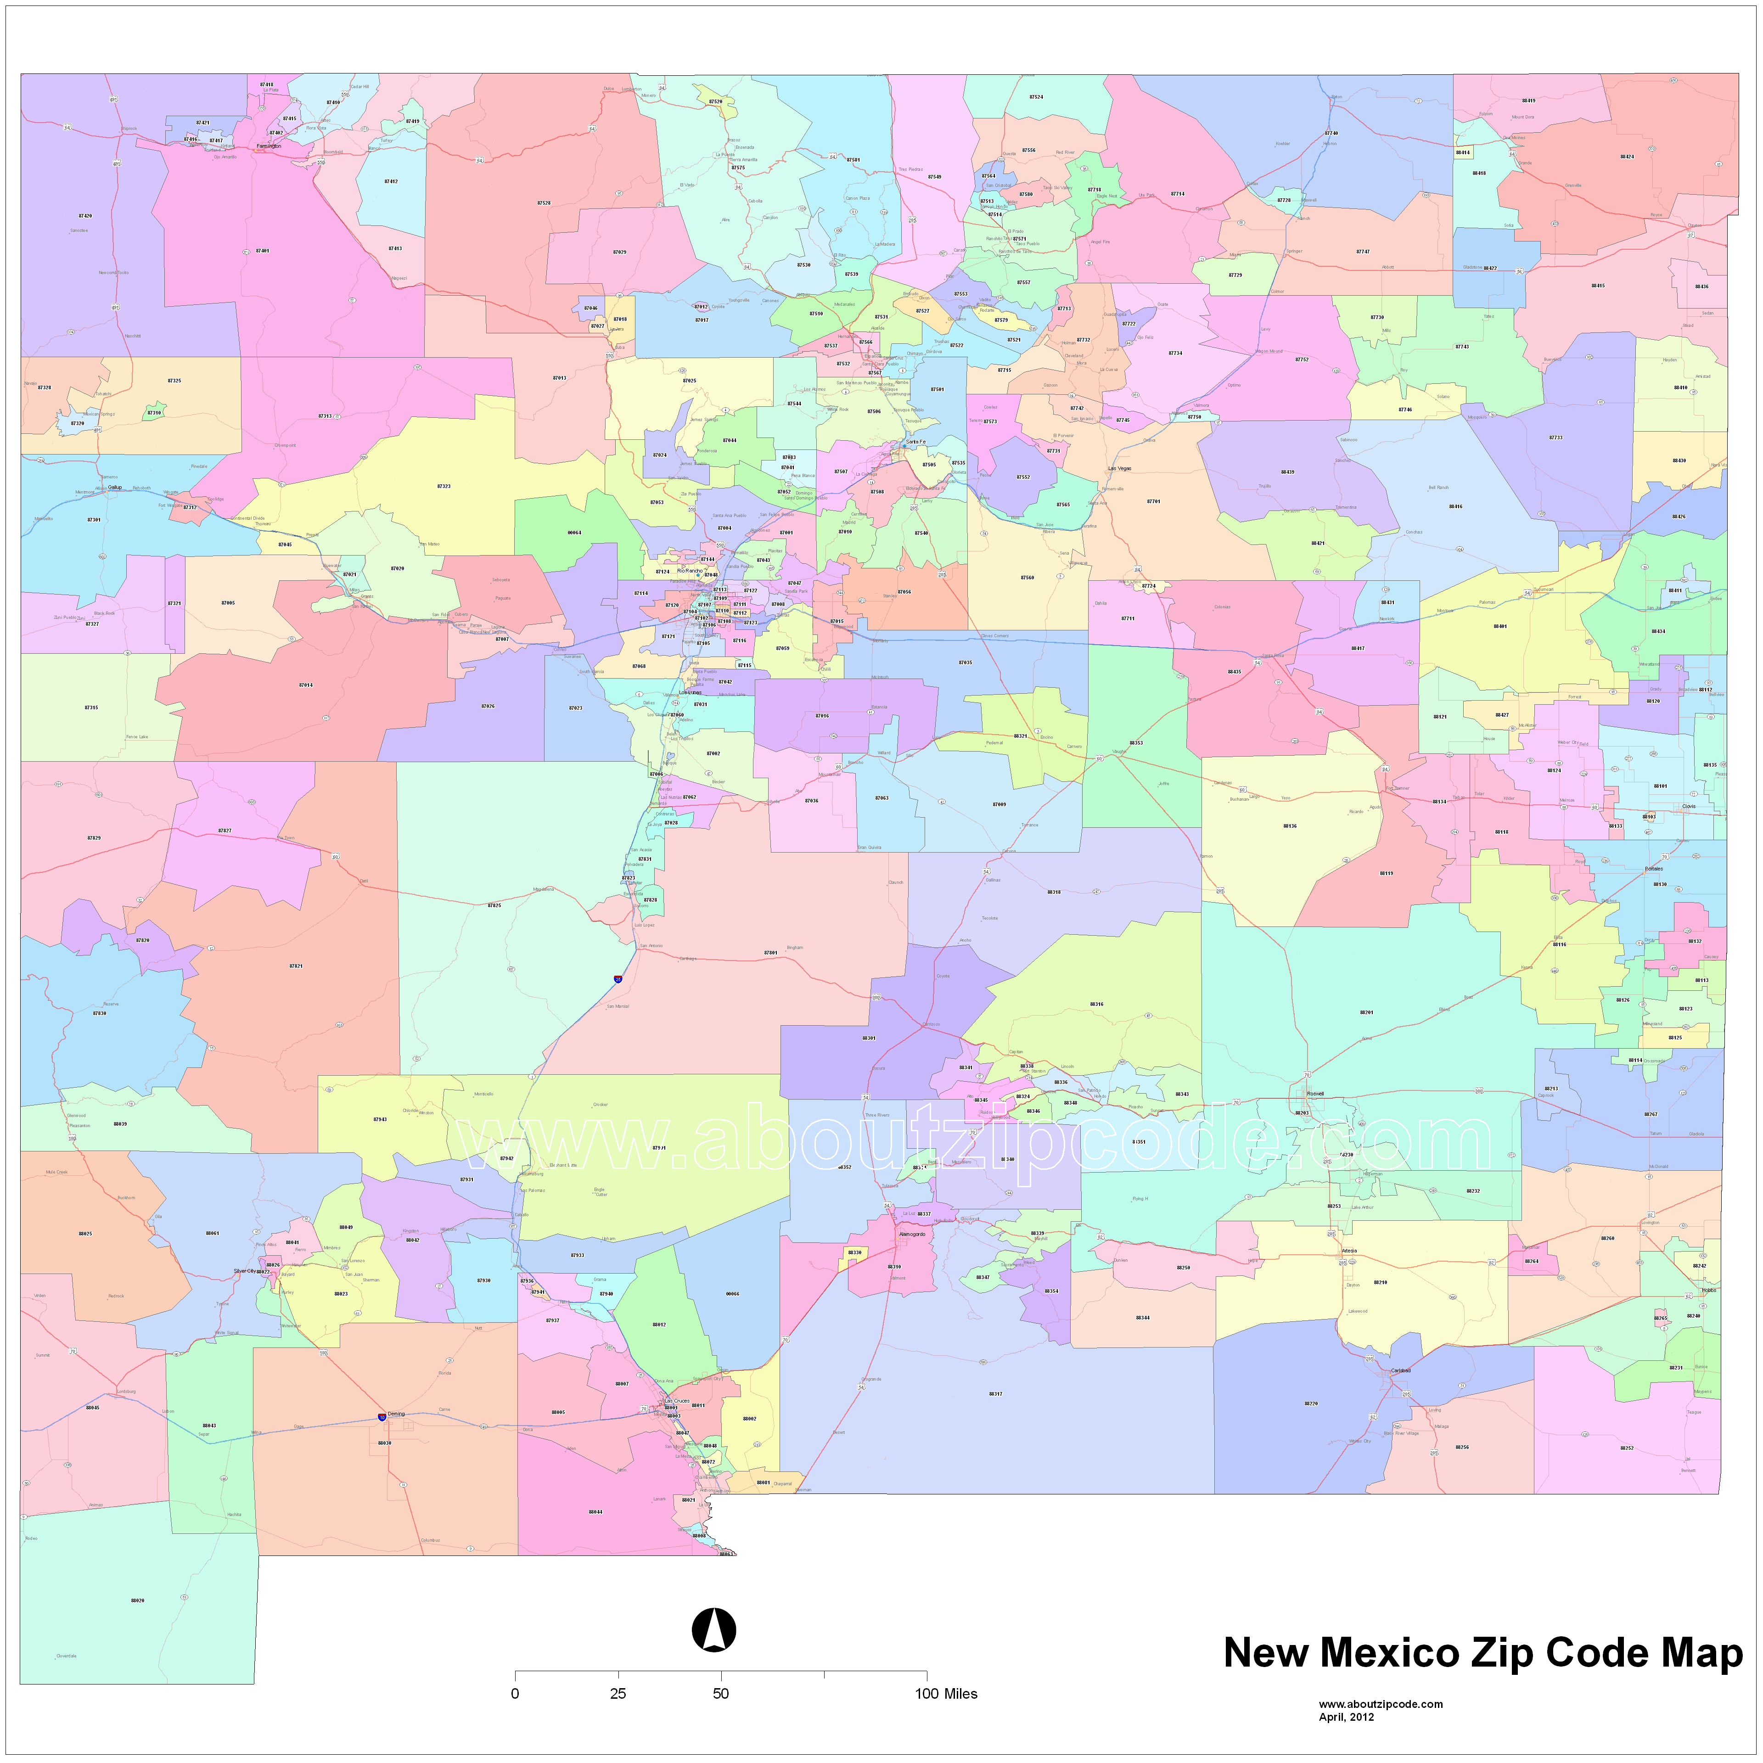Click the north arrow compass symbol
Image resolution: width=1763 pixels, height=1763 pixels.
(713, 1630)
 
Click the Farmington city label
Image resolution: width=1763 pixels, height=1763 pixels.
(268, 146)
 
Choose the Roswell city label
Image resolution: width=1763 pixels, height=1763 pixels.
(1315, 1093)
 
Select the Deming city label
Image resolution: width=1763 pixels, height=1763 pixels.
(396, 1414)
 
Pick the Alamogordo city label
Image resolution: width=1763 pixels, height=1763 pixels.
(912, 1234)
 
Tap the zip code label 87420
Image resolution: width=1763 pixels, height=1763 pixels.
(85, 216)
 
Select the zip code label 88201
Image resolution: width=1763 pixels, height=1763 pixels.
(1366, 1012)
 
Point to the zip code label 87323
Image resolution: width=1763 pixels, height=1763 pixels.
(444, 486)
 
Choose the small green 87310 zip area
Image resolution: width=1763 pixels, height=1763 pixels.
(155, 412)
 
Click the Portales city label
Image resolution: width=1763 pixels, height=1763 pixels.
(1653, 869)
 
